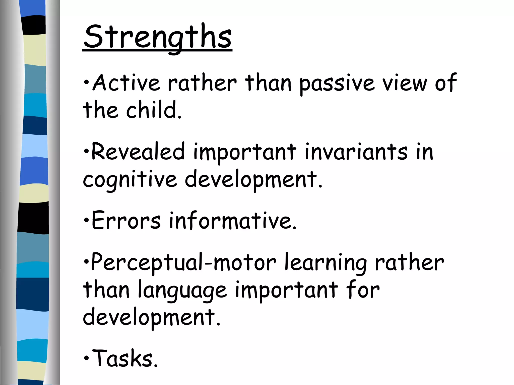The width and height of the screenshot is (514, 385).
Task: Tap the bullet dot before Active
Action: point(86,82)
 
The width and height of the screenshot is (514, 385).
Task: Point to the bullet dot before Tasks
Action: point(86,358)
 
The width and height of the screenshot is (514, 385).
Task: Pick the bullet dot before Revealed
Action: point(86,151)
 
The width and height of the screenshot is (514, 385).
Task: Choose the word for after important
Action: point(362,290)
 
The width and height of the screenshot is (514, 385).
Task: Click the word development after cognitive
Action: point(253,179)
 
